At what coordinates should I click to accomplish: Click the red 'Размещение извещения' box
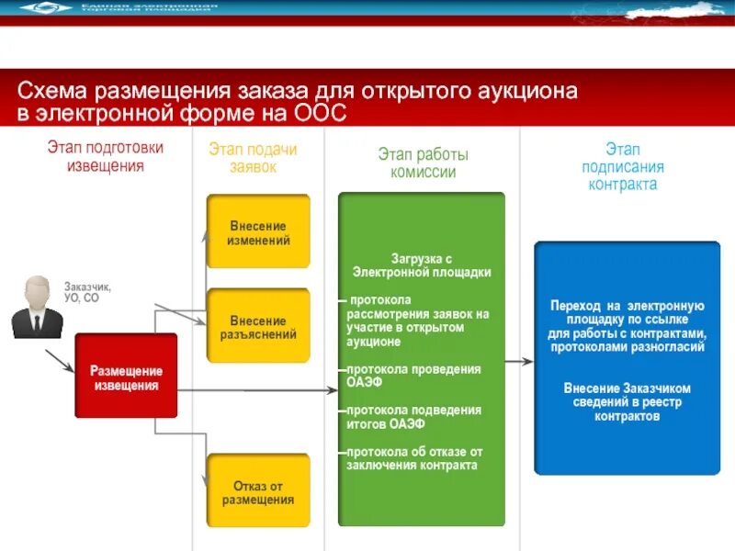click(x=126, y=377)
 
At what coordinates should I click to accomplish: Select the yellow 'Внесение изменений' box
click(x=258, y=232)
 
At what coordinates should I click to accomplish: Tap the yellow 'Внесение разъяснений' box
click(x=258, y=327)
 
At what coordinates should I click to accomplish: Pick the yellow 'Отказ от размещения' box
click(x=258, y=492)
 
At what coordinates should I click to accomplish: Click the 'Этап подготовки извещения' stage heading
click(x=105, y=156)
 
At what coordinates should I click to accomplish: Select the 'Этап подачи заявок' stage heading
click(x=252, y=158)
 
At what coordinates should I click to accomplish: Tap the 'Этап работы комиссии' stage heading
click(x=422, y=163)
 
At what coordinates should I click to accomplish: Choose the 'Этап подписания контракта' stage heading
click(x=622, y=167)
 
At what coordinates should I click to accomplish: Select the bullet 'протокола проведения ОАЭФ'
click(x=413, y=375)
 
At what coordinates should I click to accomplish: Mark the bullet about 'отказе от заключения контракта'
click(x=413, y=458)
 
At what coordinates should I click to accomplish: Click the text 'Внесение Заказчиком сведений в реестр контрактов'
click(x=627, y=402)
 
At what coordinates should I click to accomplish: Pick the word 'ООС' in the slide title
click(x=319, y=114)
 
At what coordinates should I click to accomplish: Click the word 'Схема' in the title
click(x=51, y=92)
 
